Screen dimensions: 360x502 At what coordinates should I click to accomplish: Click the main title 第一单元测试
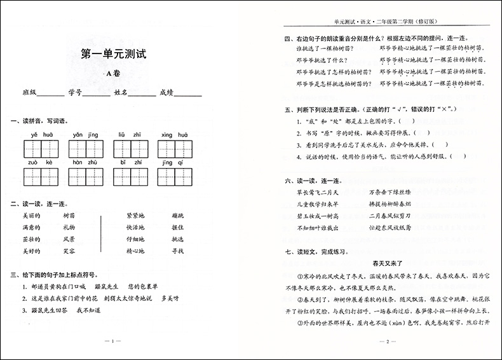pyautogui.click(x=114, y=55)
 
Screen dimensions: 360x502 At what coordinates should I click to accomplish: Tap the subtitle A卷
pyautogui.click(x=114, y=75)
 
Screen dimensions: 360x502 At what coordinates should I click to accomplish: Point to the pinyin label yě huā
pyautogui.click(x=44, y=135)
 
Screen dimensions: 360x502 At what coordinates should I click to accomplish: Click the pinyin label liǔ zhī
pyautogui.click(x=125, y=135)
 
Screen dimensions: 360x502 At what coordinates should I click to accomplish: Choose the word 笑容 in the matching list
pyautogui.click(x=69, y=251)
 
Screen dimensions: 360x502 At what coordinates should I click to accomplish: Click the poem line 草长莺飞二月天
pyautogui.click(x=318, y=191)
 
